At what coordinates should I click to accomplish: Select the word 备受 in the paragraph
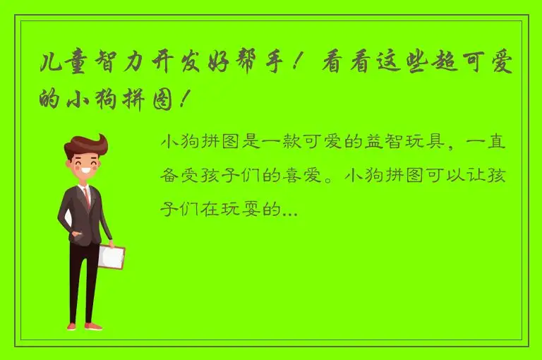click(x=179, y=176)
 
